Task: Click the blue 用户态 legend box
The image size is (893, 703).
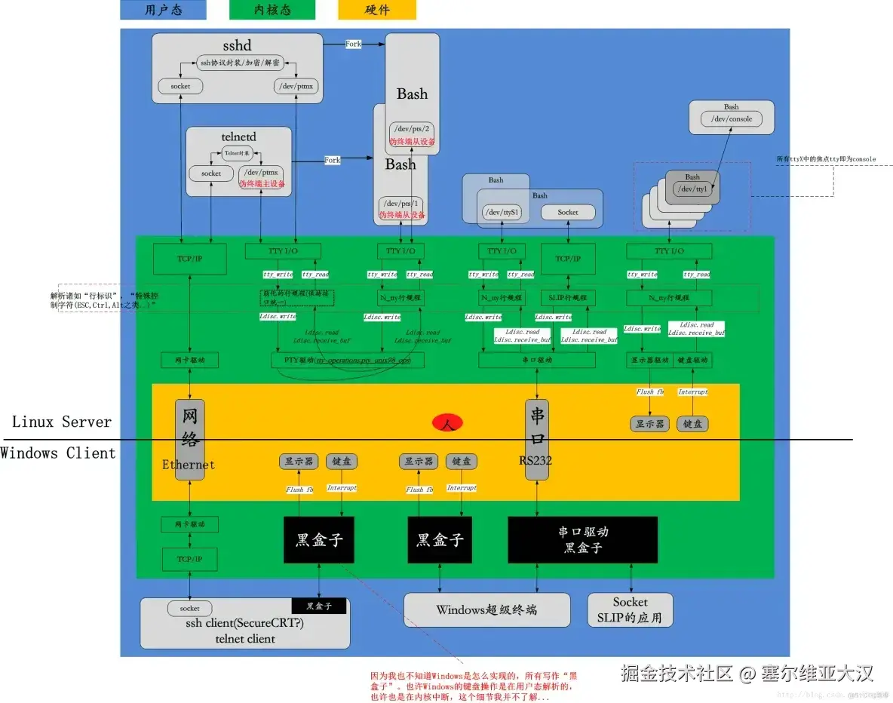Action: click(x=163, y=10)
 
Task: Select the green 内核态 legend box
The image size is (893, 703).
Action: click(x=272, y=10)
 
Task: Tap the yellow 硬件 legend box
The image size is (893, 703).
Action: click(x=377, y=10)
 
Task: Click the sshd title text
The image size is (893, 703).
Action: click(x=236, y=46)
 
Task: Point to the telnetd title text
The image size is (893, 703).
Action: click(x=238, y=137)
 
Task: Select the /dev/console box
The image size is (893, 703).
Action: click(x=731, y=119)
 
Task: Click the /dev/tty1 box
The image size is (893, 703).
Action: click(x=692, y=189)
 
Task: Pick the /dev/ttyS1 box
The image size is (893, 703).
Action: click(x=502, y=213)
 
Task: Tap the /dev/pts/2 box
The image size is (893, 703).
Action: click(x=412, y=127)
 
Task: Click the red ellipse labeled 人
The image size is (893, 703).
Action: click(x=447, y=424)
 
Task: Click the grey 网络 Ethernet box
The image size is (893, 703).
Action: click(x=189, y=438)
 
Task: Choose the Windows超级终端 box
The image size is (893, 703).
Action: click(x=486, y=609)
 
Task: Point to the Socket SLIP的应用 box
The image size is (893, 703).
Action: click(x=630, y=609)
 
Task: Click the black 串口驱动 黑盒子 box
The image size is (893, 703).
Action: click(x=582, y=539)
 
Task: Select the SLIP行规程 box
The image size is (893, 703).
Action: click(x=568, y=298)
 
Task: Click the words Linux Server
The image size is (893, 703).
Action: click(x=62, y=422)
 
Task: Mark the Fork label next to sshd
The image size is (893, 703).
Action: click(x=353, y=45)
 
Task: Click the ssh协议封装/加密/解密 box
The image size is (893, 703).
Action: click(x=238, y=64)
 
